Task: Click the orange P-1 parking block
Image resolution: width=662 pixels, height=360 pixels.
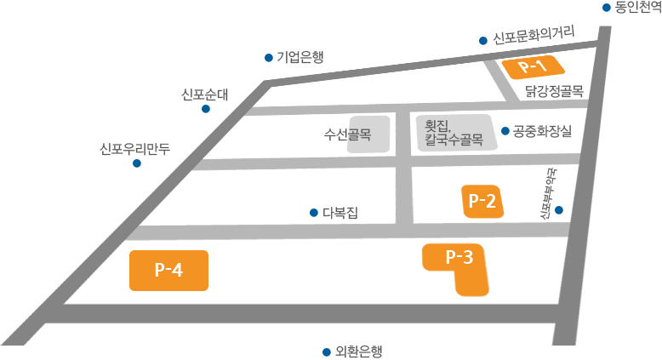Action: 532,66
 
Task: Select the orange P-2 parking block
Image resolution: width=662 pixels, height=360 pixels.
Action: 482,202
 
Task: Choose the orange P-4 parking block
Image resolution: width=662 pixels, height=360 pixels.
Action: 168,270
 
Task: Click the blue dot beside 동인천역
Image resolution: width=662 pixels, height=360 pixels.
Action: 607,8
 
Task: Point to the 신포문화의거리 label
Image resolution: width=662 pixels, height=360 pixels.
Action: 534,37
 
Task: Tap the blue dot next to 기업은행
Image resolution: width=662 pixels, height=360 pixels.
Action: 268,58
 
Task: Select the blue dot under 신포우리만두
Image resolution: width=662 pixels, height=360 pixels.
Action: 136,163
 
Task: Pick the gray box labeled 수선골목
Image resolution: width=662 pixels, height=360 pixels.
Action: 368,134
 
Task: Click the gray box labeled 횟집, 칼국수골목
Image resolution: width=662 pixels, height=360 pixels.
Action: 454,134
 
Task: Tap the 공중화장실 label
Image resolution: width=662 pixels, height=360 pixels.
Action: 542,131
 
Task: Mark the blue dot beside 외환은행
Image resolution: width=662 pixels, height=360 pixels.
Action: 326,351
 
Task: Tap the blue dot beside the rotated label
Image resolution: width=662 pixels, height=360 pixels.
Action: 559,209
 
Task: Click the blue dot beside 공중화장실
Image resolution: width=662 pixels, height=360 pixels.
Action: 505,131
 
